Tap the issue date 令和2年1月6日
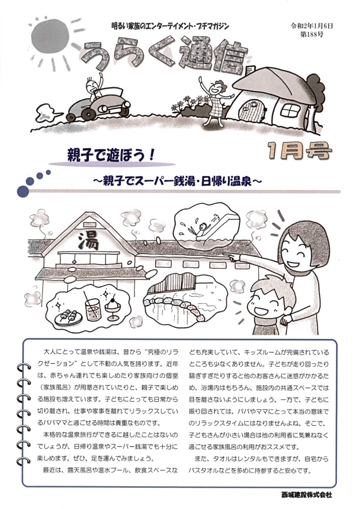click(312, 26)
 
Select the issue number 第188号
click(312, 34)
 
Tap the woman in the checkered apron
click(215, 100)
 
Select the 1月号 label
click(299, 151)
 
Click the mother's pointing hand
click(234, 257)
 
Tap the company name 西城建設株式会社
click(307, 495)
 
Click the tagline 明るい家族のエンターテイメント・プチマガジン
click(170, 26)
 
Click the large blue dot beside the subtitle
click(23, 191)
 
